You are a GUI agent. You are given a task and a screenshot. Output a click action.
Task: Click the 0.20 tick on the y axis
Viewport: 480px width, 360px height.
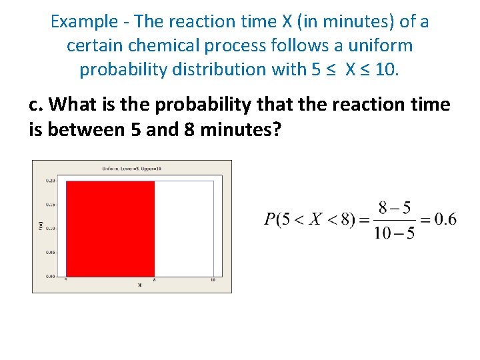pos(50,181)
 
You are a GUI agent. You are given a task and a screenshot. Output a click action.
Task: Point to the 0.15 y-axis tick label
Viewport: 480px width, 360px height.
pos(50,205)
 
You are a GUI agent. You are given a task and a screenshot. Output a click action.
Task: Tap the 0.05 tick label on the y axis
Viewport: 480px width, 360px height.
pos(50,253)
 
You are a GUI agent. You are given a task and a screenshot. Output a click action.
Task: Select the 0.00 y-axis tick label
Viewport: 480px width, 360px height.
pos(50,275)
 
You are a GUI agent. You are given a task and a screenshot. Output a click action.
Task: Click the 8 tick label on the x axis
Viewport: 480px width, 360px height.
pos(155,280)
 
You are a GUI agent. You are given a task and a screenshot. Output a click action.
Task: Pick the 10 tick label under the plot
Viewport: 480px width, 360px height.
pos(213,280)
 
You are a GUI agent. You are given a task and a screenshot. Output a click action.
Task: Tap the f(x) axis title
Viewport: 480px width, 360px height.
pos(40,227)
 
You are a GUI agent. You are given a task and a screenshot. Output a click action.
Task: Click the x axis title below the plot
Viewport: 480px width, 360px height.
pos(139,285)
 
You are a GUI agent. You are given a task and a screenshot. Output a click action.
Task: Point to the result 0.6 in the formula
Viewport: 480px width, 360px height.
pos(445,219)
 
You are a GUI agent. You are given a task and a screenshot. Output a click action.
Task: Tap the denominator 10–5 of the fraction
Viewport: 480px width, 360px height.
pos(395,233)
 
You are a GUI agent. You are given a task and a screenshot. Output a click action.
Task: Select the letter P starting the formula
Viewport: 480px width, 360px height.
pos(270,220)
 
